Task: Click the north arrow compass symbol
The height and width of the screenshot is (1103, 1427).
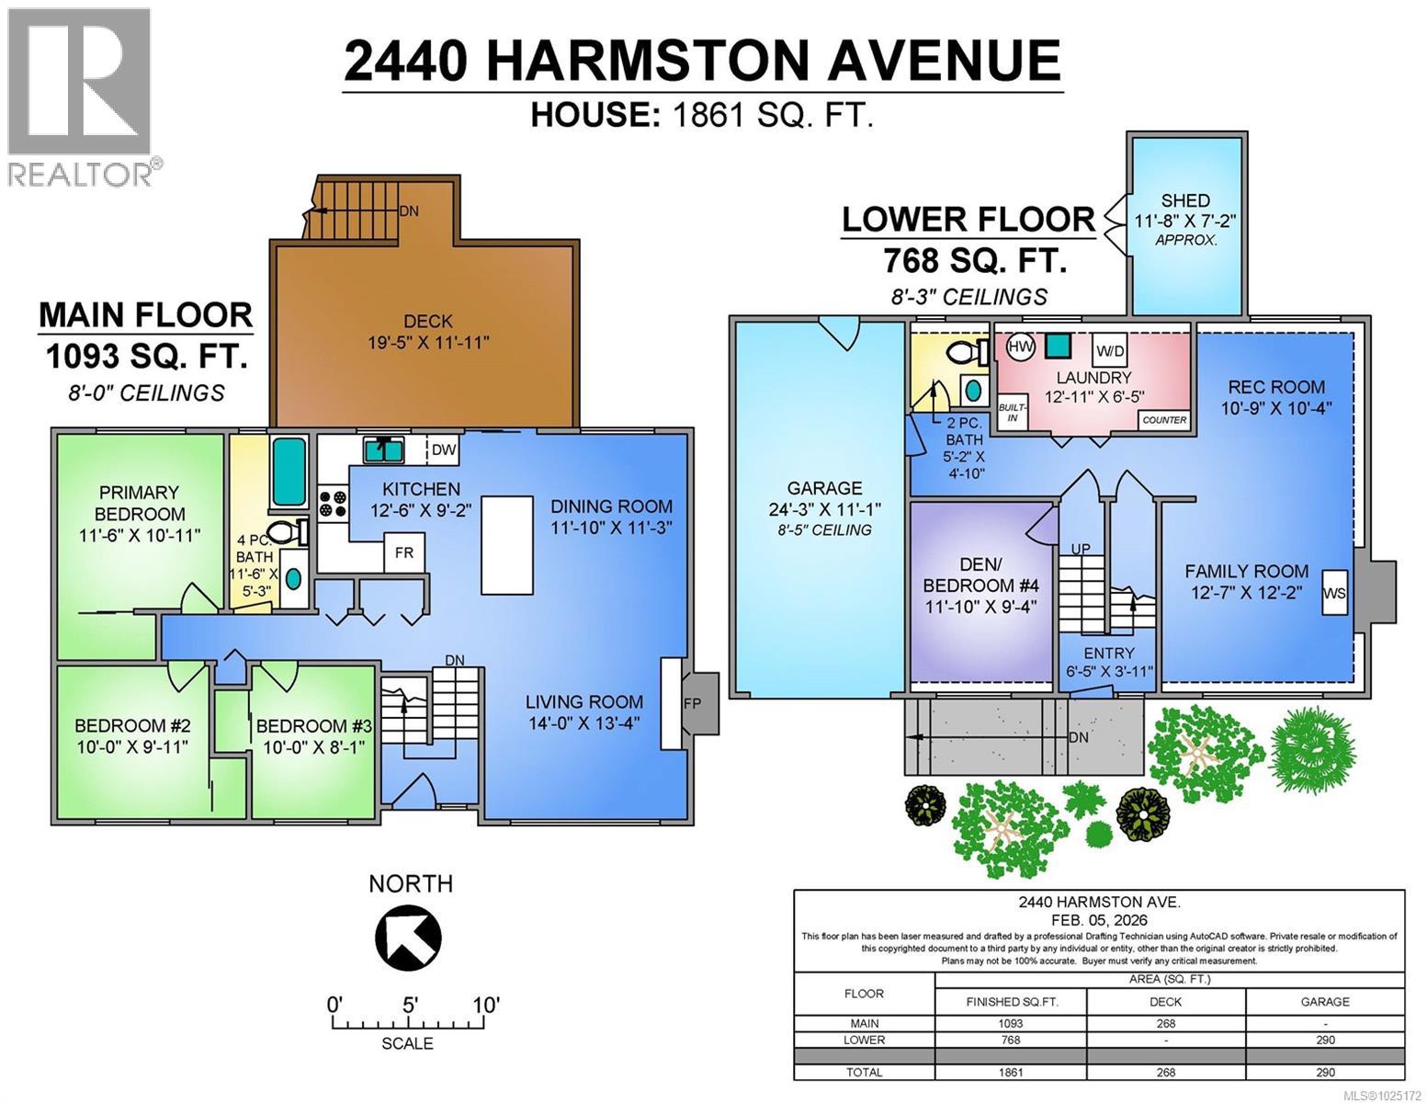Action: point(408,937)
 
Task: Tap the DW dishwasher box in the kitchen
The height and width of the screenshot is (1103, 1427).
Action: point(444,450)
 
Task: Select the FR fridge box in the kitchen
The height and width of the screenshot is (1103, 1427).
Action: point(404,552)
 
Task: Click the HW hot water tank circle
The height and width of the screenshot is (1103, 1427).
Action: point(1019,347)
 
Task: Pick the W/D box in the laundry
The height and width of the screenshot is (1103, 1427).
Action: point(1110,350)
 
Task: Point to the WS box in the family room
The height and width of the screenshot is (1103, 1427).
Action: point(1334,593)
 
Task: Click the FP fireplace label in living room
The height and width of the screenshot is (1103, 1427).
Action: point(691,703)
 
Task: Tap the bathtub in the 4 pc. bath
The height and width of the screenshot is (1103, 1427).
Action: point(289,472)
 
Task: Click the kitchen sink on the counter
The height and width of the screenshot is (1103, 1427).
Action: point(384,450)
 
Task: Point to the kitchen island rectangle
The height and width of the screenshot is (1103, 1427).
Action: point(506,546)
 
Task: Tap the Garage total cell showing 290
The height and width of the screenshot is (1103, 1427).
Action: point(1324,1072)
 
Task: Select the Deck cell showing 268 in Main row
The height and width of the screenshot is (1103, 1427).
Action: point(1165,1023)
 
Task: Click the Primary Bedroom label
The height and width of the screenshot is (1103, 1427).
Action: point(140,503)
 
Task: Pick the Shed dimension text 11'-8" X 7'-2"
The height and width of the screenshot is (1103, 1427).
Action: point(1184,221)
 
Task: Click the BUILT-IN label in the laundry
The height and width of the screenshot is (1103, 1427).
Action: point(1011,412)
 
